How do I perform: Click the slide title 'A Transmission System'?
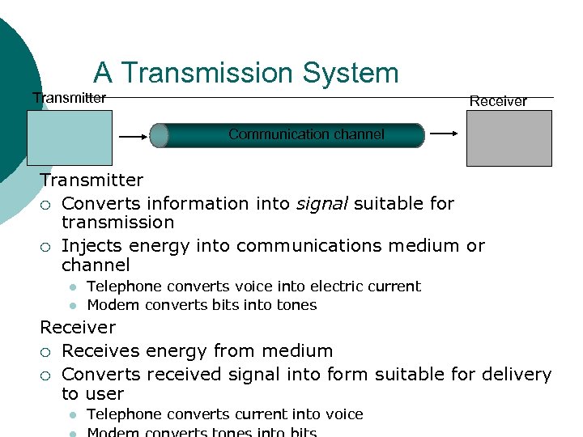[x=245, y=73]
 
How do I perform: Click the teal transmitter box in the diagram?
[x=70, y=138]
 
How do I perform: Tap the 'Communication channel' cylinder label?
[x=306, y=134]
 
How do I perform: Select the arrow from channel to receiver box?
[x=443, y=134]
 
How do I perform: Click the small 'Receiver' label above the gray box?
[x=498, y=101]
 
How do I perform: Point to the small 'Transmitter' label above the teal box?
[x=69, y=98]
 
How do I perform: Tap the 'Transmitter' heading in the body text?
[x=91, y=180]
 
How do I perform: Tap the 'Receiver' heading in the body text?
[x=78, y=327]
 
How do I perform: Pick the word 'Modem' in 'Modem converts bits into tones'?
[x=109, y=305]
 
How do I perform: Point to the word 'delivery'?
[x=517, y=374]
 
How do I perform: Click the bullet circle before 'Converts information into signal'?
[x=47, y=204]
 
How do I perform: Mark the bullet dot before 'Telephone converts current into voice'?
[x=72, y=414]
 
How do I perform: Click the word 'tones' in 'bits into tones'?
[x=297, y=305]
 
